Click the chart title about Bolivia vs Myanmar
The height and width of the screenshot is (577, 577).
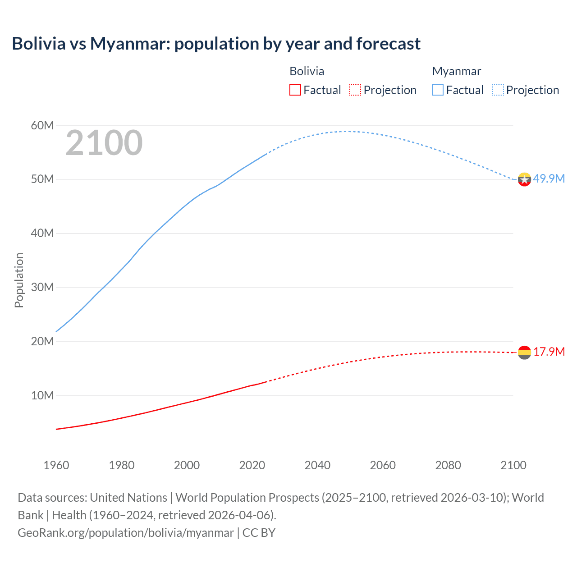tap(216, 44)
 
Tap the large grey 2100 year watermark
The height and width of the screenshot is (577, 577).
tap(104, 143)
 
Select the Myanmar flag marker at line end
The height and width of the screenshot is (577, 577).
tap(524, 179)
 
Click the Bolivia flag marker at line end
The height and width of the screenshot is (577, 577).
tap(524, 353)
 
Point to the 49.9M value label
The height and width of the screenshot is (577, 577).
tap(549, 179)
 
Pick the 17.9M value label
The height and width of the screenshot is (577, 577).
tap(549, 352)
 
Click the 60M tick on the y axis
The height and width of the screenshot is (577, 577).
tap(42, 125)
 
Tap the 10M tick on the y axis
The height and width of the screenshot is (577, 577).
tap(42, 395)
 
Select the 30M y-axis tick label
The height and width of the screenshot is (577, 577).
tap(42, 287)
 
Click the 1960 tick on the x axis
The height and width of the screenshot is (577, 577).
tap(56, 465)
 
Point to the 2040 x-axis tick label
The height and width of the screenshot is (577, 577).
tap(317, 465)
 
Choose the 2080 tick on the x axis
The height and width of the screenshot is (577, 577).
tap(448, 465)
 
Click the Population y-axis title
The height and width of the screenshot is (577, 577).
tap(19, 280)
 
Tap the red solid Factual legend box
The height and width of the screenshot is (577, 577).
tap(295, 90)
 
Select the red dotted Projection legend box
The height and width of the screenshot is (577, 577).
tap(355, 90)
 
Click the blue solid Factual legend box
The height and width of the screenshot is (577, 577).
tap(438, 90)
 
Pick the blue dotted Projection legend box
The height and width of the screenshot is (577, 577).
tap(498, 90)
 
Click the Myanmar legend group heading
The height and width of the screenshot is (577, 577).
tap(457, 71)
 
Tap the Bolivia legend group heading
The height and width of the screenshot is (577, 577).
tap(307, 71)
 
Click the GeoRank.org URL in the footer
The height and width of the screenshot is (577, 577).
tap(126, 533)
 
